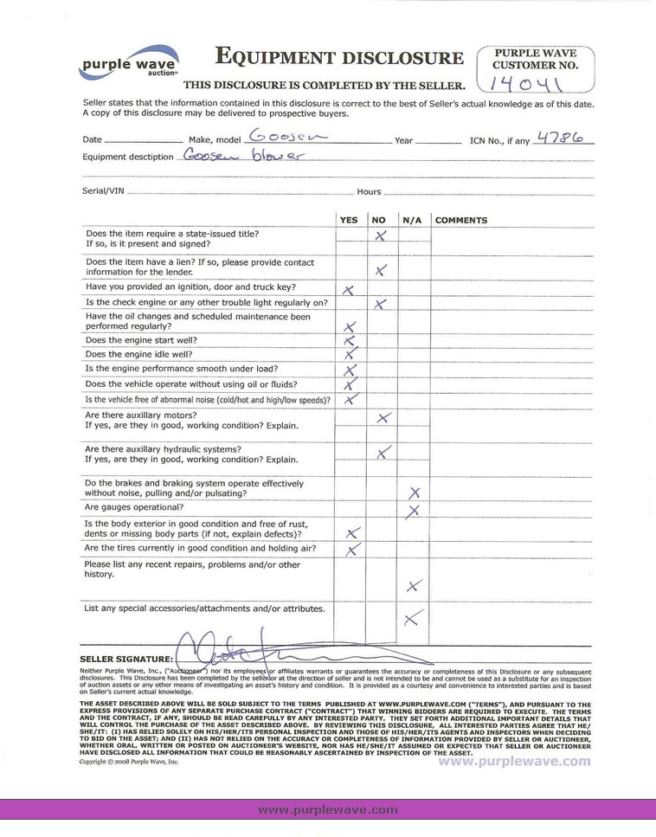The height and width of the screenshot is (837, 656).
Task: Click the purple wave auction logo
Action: [129, 62]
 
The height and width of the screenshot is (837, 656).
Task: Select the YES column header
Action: [349, 221]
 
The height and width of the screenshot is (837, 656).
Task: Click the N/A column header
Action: [412, 221]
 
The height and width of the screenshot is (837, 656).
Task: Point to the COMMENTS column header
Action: [461, 221]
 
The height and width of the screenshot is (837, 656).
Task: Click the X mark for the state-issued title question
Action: [379, 235]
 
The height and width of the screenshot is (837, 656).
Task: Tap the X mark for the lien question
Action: [381, 271]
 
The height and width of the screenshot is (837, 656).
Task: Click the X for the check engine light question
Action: [380, 304]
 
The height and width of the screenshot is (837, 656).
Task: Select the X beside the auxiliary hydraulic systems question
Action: [384, 452]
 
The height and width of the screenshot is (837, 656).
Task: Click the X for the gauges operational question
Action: [414, 510]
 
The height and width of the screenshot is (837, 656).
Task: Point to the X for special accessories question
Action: [413, 617]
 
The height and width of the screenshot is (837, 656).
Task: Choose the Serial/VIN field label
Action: [100, 191]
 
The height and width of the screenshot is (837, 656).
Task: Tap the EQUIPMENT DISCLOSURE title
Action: [339, 59]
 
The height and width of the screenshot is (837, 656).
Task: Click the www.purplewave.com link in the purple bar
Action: [328, 809]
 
